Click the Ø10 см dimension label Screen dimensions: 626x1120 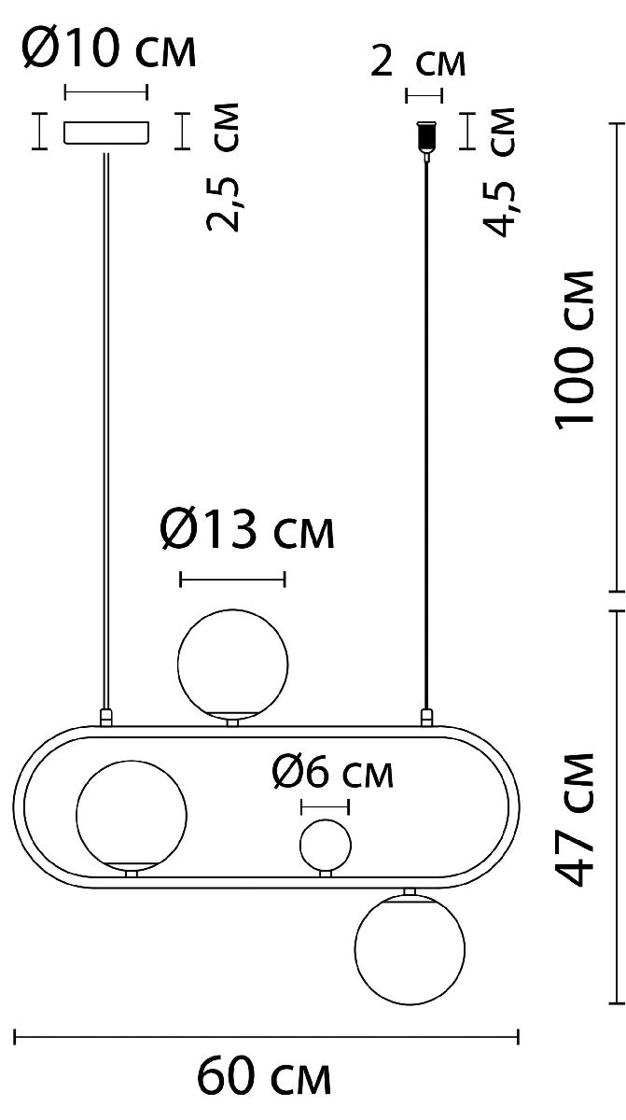click(109, 48)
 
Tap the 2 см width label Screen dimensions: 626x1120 click(418, 62)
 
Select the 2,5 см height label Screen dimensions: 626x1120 click(223, 167)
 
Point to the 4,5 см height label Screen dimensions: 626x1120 click(497, 172)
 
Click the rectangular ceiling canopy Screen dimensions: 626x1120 click(106, 132)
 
